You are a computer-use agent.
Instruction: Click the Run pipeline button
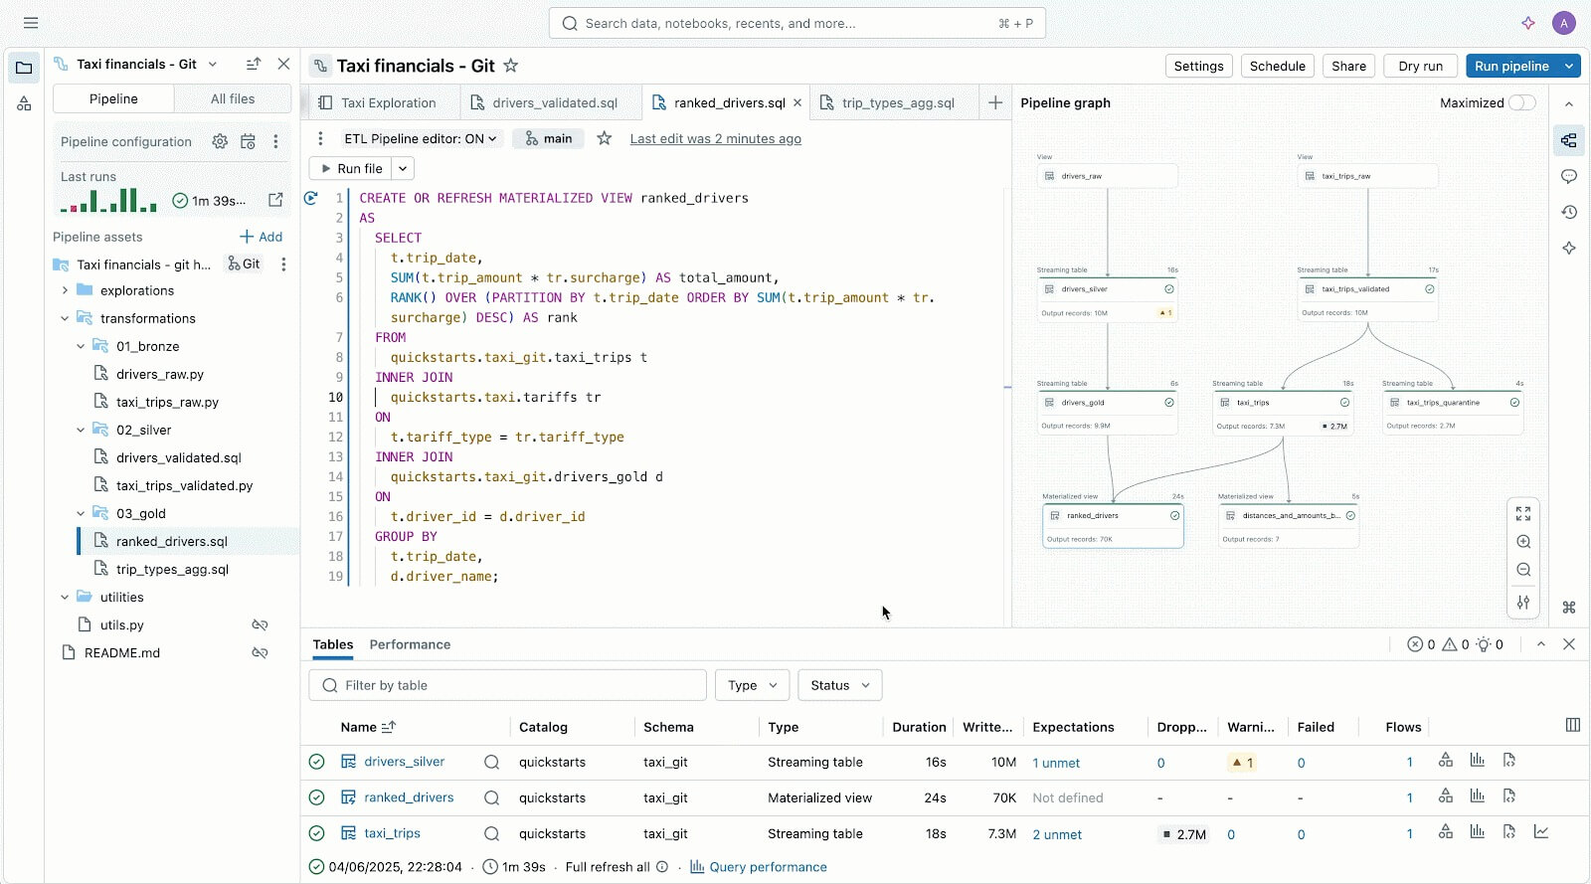coord(1510,66)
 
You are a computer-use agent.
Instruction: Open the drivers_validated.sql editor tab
coord(554,102)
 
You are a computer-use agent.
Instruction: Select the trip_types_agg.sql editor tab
coord(897,102)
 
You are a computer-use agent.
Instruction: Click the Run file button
coord(352,169)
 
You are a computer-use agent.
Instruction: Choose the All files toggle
coord(232,98)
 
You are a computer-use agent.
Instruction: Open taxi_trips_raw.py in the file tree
coord(167,402)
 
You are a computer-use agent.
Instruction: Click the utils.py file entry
coord(121,624)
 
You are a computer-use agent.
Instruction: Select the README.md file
coord(121,652)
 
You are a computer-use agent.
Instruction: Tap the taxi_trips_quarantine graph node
coord(1452,403)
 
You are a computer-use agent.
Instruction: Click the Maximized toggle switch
coord(1521,102)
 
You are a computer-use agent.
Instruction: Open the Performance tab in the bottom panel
coord(410,644)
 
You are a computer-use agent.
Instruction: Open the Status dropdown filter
coord(839,685)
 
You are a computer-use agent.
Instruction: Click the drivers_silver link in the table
coord(404,762)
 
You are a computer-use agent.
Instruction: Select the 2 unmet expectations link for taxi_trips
coord(1057,834)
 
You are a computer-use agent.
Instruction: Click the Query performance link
coord(767,867)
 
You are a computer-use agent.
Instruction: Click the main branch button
coord(548,138)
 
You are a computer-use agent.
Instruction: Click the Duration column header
coord(918,727)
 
